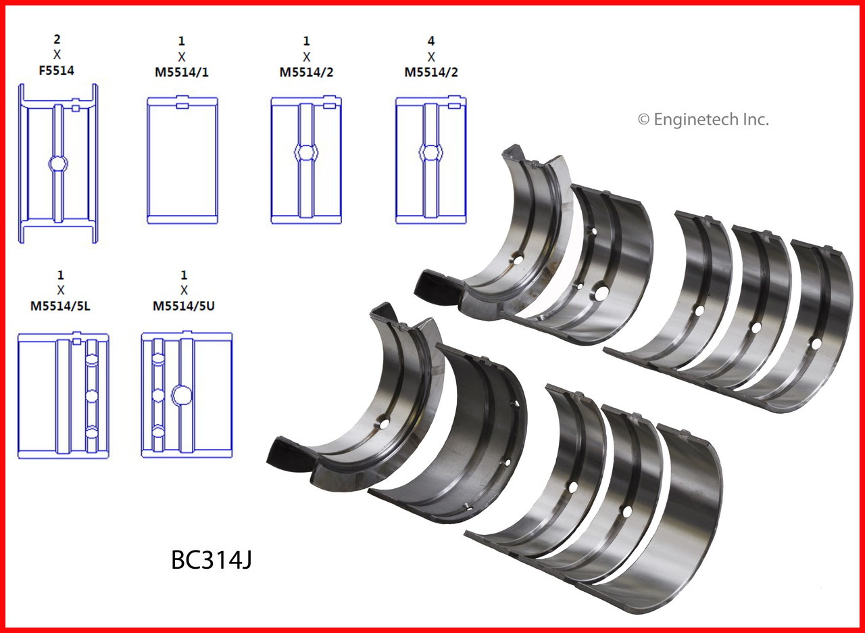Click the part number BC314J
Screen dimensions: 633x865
click(212, 561)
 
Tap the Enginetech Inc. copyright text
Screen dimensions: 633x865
click(703, 120)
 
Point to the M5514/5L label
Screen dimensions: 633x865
click(61, 306)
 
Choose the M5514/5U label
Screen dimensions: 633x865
click(184, 306)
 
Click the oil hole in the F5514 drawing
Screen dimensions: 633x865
click(58, 164)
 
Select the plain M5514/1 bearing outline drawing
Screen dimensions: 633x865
click(182, 160)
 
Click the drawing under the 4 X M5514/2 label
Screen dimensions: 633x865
click(430, 160)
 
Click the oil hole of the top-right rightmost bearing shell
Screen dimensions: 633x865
click(816, 344)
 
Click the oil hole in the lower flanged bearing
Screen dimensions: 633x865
click(385, 424)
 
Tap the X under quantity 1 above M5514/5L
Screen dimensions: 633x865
click(61, 290)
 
